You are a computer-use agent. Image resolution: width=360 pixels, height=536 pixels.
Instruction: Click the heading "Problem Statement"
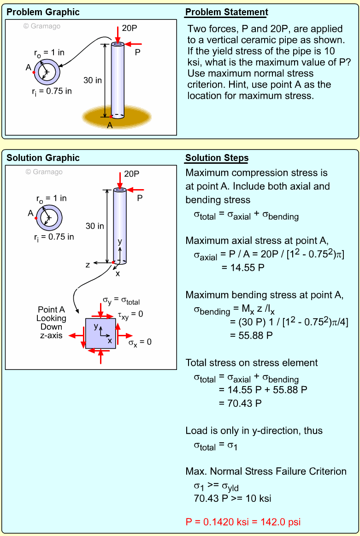[226, 12]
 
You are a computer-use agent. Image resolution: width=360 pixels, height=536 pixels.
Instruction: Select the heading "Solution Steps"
[217, 158]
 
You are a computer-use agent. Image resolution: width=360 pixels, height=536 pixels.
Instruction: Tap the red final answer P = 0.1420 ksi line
[243, 522]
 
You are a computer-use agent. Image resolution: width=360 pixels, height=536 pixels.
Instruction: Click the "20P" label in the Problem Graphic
[130, 28]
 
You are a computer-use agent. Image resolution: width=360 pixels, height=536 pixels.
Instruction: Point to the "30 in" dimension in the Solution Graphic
[95, 226]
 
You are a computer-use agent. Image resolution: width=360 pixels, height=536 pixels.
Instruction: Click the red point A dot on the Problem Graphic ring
[34, 72]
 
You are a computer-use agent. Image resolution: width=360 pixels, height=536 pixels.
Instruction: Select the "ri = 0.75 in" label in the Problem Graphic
[52, 91]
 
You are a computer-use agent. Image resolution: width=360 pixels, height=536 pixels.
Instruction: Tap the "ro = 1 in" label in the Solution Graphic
[51, 198]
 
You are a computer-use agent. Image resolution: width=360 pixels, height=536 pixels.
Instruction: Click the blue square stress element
[100, 333]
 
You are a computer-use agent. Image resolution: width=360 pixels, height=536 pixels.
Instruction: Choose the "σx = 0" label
[140, 342]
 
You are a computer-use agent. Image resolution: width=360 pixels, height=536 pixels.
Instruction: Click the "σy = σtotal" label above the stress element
[121, 302]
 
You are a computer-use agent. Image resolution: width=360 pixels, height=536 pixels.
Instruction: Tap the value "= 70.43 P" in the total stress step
[240, 403]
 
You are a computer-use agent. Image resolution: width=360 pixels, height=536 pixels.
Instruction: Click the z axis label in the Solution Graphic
[88, 265]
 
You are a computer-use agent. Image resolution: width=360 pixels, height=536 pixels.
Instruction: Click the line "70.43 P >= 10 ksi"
[232, 498]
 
